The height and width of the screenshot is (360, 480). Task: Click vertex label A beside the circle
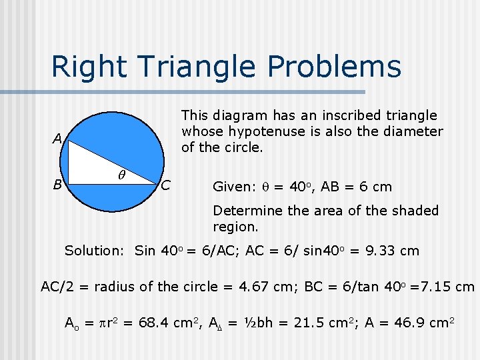point(59,139)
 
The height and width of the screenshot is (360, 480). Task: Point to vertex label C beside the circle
point(167,184)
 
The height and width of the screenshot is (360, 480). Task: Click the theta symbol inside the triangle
point(121,175)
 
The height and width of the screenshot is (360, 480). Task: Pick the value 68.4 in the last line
point(153,323)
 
